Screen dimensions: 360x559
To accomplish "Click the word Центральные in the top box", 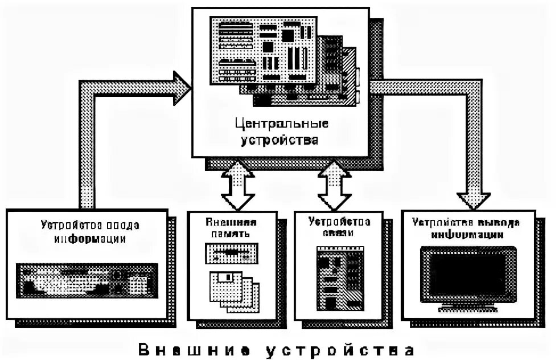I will click(x=281, y=124).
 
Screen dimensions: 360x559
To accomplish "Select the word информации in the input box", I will click(x=89, y=238).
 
